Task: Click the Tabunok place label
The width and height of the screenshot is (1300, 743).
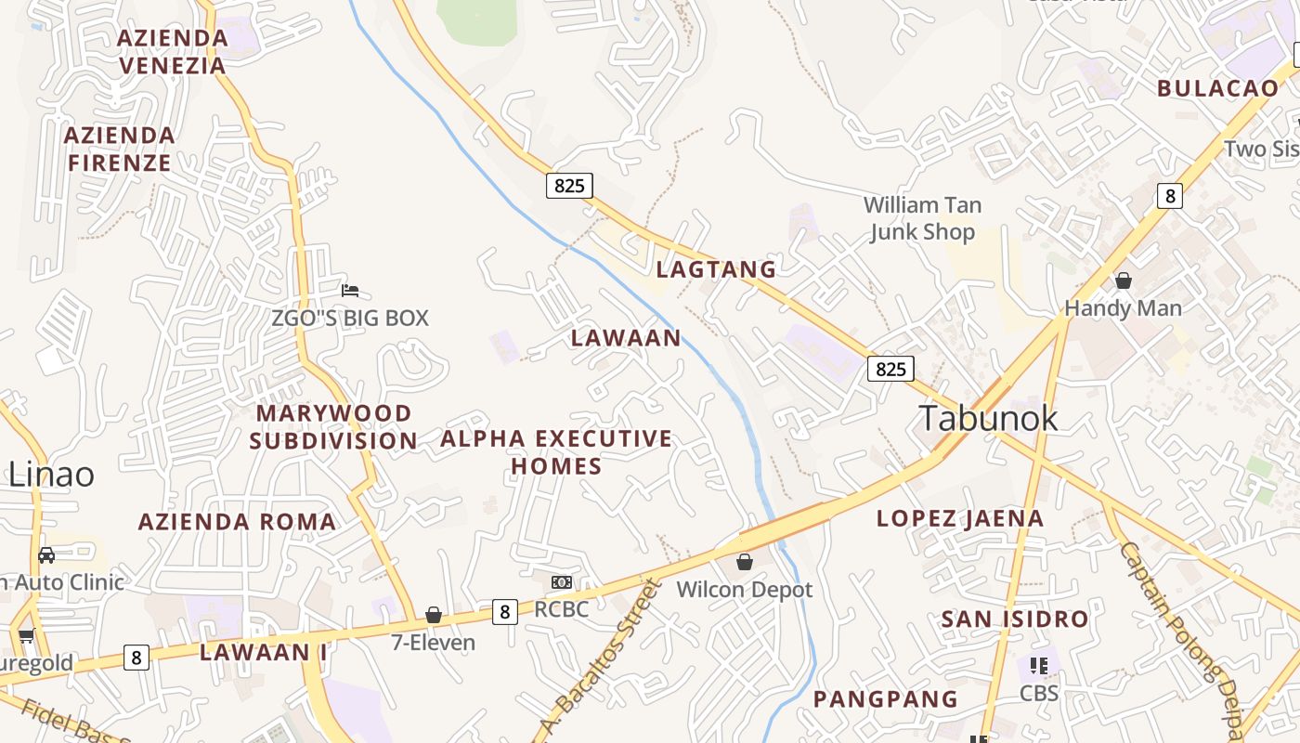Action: coord(988,418)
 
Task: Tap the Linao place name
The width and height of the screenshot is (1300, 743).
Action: coord(51,475)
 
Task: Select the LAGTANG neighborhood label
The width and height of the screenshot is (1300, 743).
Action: coord(716,269)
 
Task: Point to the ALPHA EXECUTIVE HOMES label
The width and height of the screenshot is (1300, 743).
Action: coord(556,451)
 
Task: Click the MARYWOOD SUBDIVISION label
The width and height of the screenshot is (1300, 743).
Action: coord(333,426)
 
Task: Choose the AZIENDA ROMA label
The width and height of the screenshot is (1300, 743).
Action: coord(237,522)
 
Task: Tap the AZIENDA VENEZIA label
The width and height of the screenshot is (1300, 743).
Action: coord(173,52)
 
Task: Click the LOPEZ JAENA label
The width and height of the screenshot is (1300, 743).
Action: coord(960,518)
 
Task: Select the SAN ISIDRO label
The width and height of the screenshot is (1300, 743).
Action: coord(1014,619)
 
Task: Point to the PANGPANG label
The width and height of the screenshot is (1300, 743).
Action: coord(885,698)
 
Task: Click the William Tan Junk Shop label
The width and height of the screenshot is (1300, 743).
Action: coord(922,218)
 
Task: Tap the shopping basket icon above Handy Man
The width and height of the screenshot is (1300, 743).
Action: coord(1124,280)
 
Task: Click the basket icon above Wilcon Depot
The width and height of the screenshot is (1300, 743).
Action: coord(744,562)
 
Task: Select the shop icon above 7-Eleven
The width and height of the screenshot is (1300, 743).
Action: coord(433,615)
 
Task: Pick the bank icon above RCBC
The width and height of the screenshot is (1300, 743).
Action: coord(561,582)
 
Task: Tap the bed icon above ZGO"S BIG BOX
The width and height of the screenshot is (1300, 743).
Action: coord(350,291)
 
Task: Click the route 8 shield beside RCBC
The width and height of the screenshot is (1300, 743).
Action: coord(504,611)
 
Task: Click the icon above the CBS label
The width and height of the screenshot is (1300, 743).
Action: coord(1038,666)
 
